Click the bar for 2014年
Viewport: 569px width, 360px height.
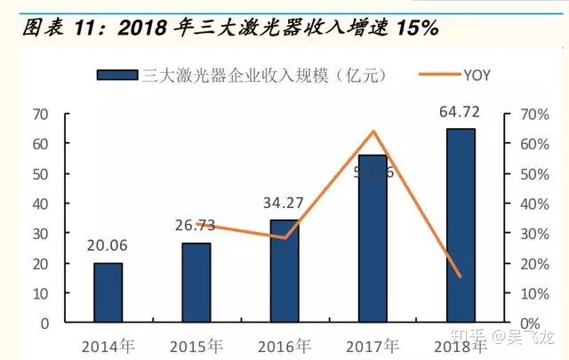pos(108,292)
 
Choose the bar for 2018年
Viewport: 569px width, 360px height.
pos(461,226)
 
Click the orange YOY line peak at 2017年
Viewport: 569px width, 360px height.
pos(373,132)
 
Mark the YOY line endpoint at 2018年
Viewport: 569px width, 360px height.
pos(461,276)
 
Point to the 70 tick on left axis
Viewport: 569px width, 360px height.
pos(39,114)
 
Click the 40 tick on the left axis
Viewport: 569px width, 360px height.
pos(39,204)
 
